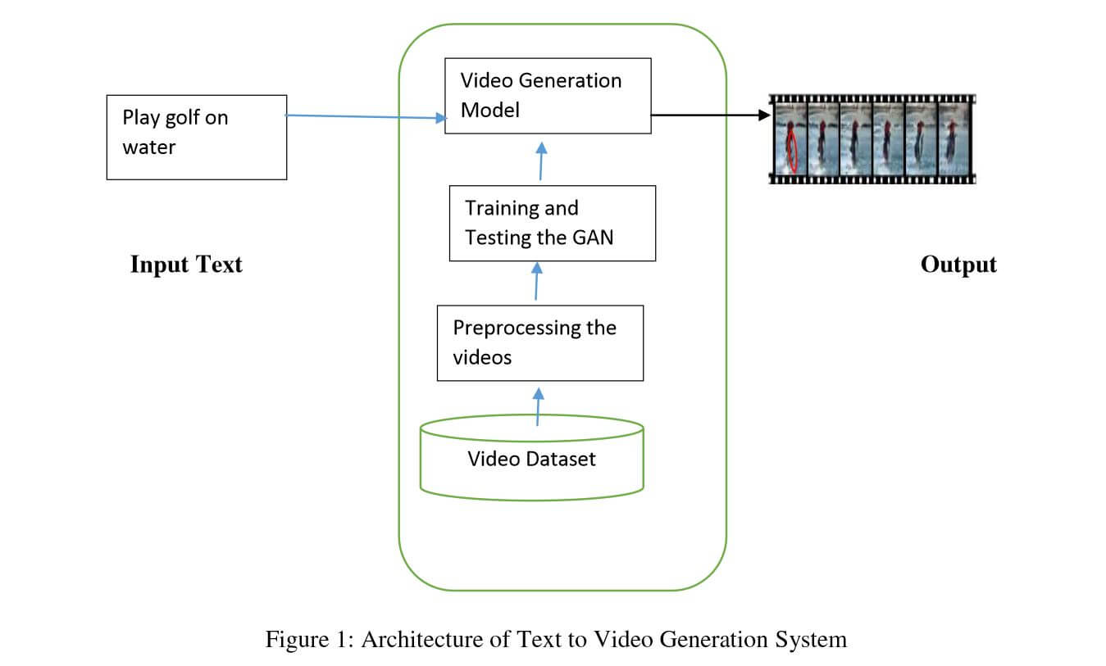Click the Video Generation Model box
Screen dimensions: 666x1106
point(547,95)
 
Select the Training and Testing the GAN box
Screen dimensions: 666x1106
point(552,223)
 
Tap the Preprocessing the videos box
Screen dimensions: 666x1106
point(539,342)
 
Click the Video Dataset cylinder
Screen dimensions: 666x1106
point(531,459)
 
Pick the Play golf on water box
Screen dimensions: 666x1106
point(197,137)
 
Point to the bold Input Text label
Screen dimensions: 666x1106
point(186,265)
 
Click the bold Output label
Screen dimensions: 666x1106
point(958,265)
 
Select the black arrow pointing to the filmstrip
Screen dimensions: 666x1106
point(709,116)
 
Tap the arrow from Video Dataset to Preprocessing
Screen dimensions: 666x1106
point(538,405)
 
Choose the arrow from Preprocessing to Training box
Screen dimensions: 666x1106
point(536,282)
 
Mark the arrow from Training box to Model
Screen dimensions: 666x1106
point(540,161)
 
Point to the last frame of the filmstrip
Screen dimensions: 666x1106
point(951,138)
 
